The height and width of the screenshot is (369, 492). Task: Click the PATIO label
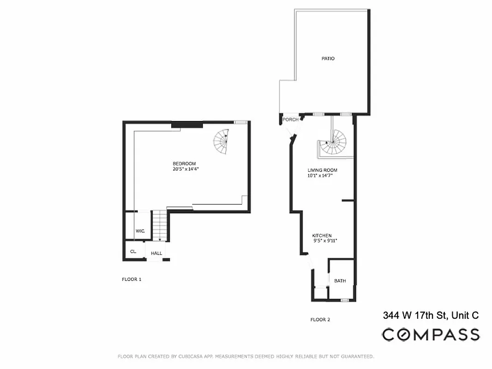[328, 59]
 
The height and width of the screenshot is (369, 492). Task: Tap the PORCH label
[290, 120]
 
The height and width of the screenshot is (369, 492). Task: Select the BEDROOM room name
[184, 164]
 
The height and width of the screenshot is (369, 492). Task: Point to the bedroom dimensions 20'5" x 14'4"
[186, 169]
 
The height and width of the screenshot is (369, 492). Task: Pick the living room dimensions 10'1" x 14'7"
[320, 176]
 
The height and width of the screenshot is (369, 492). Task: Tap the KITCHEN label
[322, 236]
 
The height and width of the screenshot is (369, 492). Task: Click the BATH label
[340, 281]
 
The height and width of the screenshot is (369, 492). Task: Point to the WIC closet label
[140, 231]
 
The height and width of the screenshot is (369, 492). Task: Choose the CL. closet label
[133, 252]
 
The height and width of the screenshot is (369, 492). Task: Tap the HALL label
[156, 253]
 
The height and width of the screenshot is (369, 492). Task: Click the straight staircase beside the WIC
[159, 225]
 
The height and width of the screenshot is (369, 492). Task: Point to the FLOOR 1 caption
[132, 280]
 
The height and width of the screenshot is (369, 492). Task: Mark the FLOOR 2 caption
[320, 320]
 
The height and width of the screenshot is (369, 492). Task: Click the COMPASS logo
[430, 334]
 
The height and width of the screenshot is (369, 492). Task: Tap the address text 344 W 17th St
[415, 316]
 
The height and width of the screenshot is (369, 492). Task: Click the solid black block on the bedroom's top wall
[187, 124]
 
